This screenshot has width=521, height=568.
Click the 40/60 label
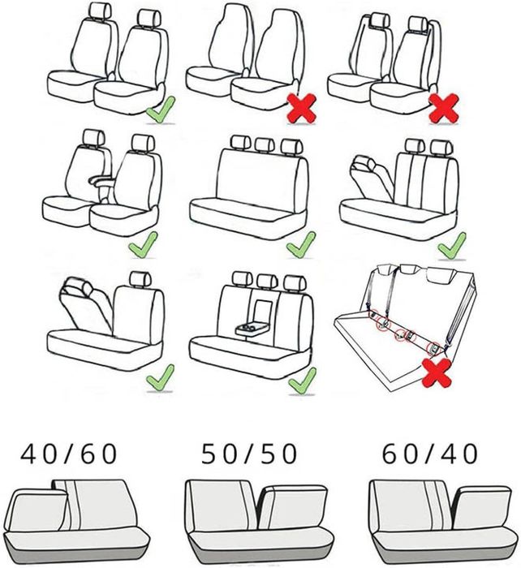(69, 454)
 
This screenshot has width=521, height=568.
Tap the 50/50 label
(249, 454)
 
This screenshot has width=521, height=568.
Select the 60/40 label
(429, 454)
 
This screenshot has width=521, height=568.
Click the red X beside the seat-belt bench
(437, 372)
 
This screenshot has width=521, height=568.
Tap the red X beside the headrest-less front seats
(301, 108)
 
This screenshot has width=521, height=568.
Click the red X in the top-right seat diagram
(443, 108)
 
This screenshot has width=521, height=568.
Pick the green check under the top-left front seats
(161, 109)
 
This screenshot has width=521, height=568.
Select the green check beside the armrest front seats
(144, 245)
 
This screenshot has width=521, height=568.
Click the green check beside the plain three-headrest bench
(301, 245)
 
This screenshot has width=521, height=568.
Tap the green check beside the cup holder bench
(302, 381)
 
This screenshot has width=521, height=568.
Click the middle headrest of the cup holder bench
(267, 281)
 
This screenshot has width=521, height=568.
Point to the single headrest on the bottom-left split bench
(140, 278)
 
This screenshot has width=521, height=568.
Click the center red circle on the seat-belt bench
(400, 334)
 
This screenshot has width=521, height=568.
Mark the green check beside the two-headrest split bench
(452, 247)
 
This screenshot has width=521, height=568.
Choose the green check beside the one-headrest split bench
(160, 378)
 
